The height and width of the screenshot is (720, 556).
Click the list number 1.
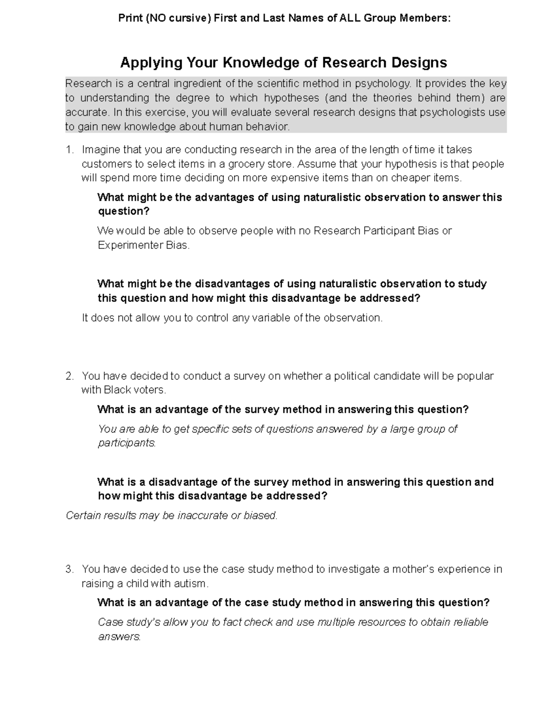(x=69, y=150)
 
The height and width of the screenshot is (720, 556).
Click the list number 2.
(x=69, y=376)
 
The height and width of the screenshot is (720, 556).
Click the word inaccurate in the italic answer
(x=202, y=516)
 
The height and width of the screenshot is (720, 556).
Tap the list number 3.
(x=69, y=569)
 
